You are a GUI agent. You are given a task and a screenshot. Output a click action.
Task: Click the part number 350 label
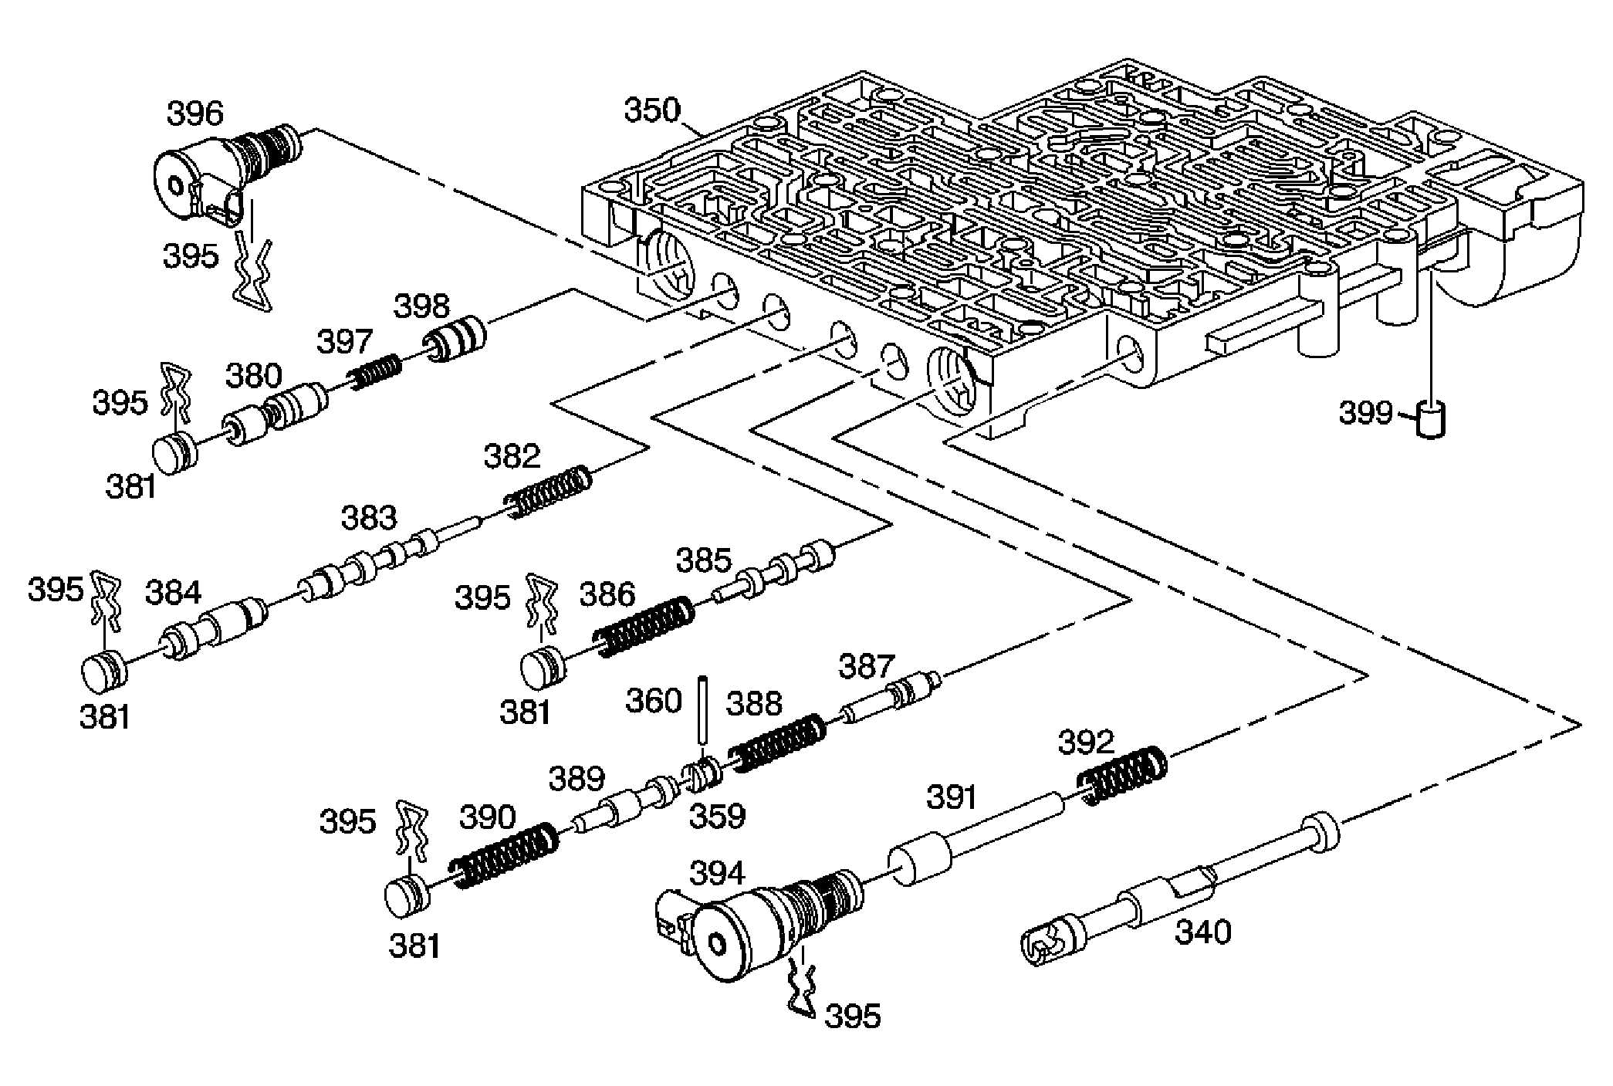[652, 110]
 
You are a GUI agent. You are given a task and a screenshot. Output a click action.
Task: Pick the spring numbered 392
[1122, 776]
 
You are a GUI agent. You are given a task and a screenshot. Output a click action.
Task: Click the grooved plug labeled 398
[455, 338]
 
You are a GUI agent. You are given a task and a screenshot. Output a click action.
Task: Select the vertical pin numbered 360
[704, 709]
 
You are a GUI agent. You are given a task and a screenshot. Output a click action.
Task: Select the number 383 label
[369, 519]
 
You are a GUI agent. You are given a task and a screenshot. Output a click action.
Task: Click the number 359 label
[717, 817]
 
